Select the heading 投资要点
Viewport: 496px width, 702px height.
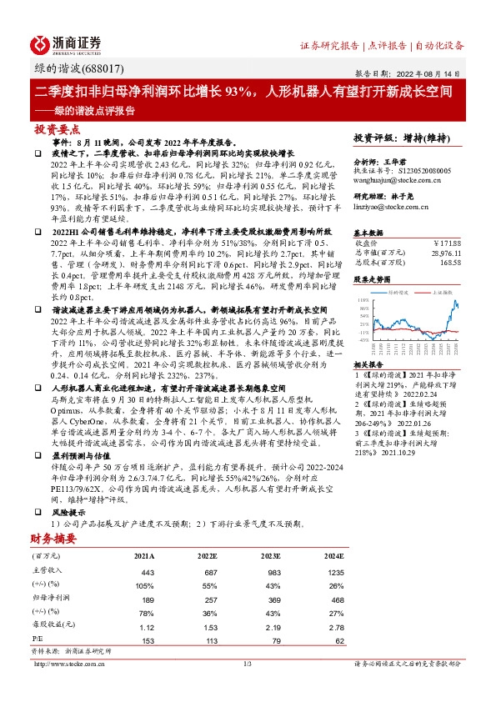(x=57, y=130)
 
